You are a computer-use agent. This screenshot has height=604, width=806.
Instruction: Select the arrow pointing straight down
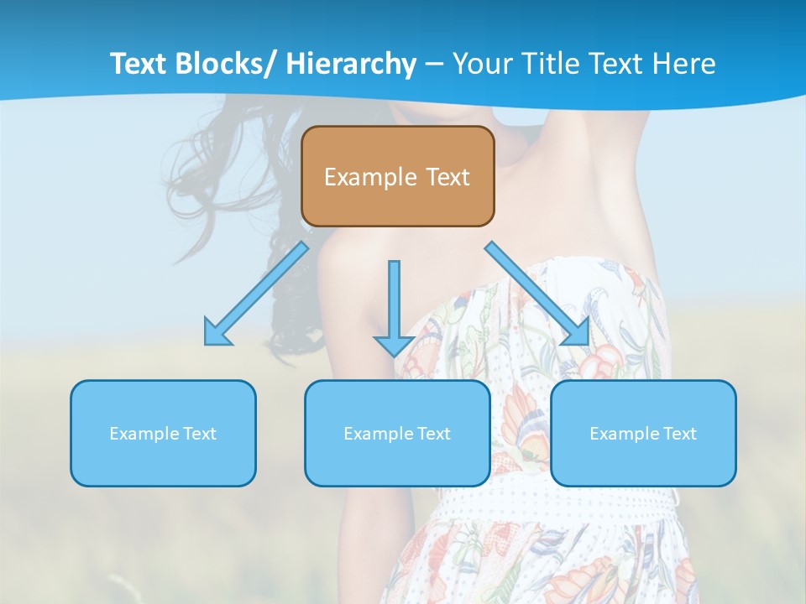[394, 302]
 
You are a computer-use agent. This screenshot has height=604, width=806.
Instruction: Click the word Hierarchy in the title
[351, 64]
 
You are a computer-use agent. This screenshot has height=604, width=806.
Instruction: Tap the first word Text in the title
[139, 64]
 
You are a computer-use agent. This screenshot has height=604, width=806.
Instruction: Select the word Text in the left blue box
[200, 434]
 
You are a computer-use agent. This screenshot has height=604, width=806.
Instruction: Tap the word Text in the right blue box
[680, 434]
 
